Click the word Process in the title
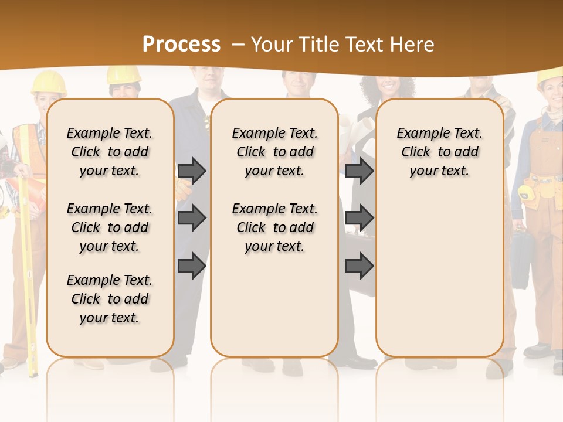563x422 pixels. coord(181,44)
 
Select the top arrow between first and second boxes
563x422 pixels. coord(192,171)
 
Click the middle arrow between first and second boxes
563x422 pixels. coord(192,218)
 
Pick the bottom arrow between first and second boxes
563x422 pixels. coord(192,265)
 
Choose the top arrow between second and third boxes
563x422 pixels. coord(359,171)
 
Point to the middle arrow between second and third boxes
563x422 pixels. coord(359,218)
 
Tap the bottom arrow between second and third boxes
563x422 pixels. coord(359,265)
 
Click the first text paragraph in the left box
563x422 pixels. coord(110,152)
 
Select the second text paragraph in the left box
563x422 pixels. coord(110,227)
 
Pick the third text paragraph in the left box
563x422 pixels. coord(110,299)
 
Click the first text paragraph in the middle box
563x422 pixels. coord(274,152)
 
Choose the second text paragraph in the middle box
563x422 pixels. coord(274,227)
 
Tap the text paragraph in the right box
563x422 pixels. coord(439,152)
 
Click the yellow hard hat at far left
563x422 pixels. coord(48,83)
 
